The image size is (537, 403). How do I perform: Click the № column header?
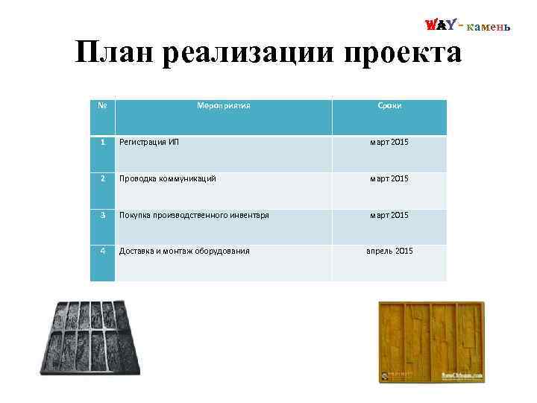(x=102, y=105)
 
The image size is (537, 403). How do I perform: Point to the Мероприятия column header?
(x=224, y=105)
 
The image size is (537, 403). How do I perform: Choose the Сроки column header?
(x=389, y=105)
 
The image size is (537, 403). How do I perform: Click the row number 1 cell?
(x=102, y=141)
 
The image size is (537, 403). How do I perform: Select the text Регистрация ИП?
(x=149, y=142)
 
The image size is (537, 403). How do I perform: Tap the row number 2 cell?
(x=102, y=178)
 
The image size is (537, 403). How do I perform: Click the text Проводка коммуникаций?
(x=168, y=179)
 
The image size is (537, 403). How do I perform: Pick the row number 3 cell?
(x=102, y=215)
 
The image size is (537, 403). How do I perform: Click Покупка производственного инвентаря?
(x=194, y=216)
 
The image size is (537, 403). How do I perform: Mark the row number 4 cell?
(x=102, y=251)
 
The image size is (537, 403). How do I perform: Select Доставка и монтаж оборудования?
(x=184, y=252)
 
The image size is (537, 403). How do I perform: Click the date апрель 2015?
(x=389, y=252)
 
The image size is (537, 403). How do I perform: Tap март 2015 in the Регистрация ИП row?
(x=389, y=142)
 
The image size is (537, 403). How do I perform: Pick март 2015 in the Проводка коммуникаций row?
(x=389, y=179)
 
